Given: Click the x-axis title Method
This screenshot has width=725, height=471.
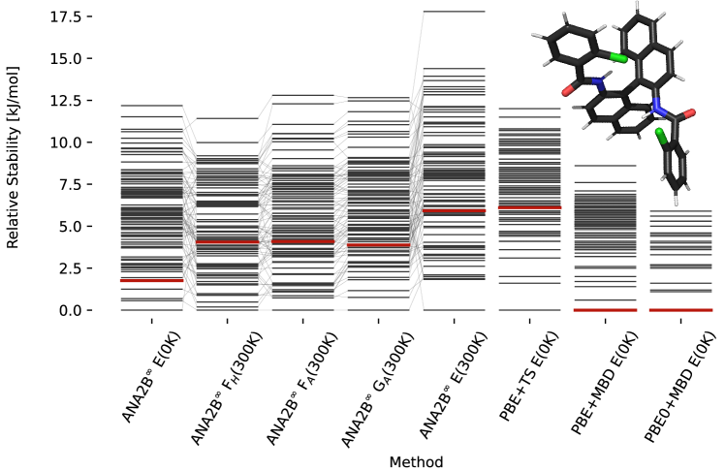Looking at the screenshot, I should pos(416,462).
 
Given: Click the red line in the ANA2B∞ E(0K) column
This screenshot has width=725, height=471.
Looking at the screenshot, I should pos(151,280).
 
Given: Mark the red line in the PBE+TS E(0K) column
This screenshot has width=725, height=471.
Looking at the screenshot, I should pos(528,207).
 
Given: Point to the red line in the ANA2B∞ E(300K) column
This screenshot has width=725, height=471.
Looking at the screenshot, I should pos(453,211).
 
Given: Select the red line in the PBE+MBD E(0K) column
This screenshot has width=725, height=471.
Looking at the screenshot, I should pos(604,310).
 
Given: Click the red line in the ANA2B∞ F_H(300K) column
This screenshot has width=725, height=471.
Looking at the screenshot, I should pos(227,240).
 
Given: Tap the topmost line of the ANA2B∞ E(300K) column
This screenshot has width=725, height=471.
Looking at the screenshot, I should pos(453,12).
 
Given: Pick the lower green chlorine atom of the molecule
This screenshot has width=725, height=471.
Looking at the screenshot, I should pos(660,134).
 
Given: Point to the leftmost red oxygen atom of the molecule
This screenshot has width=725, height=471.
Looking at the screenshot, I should pos(567,90).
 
